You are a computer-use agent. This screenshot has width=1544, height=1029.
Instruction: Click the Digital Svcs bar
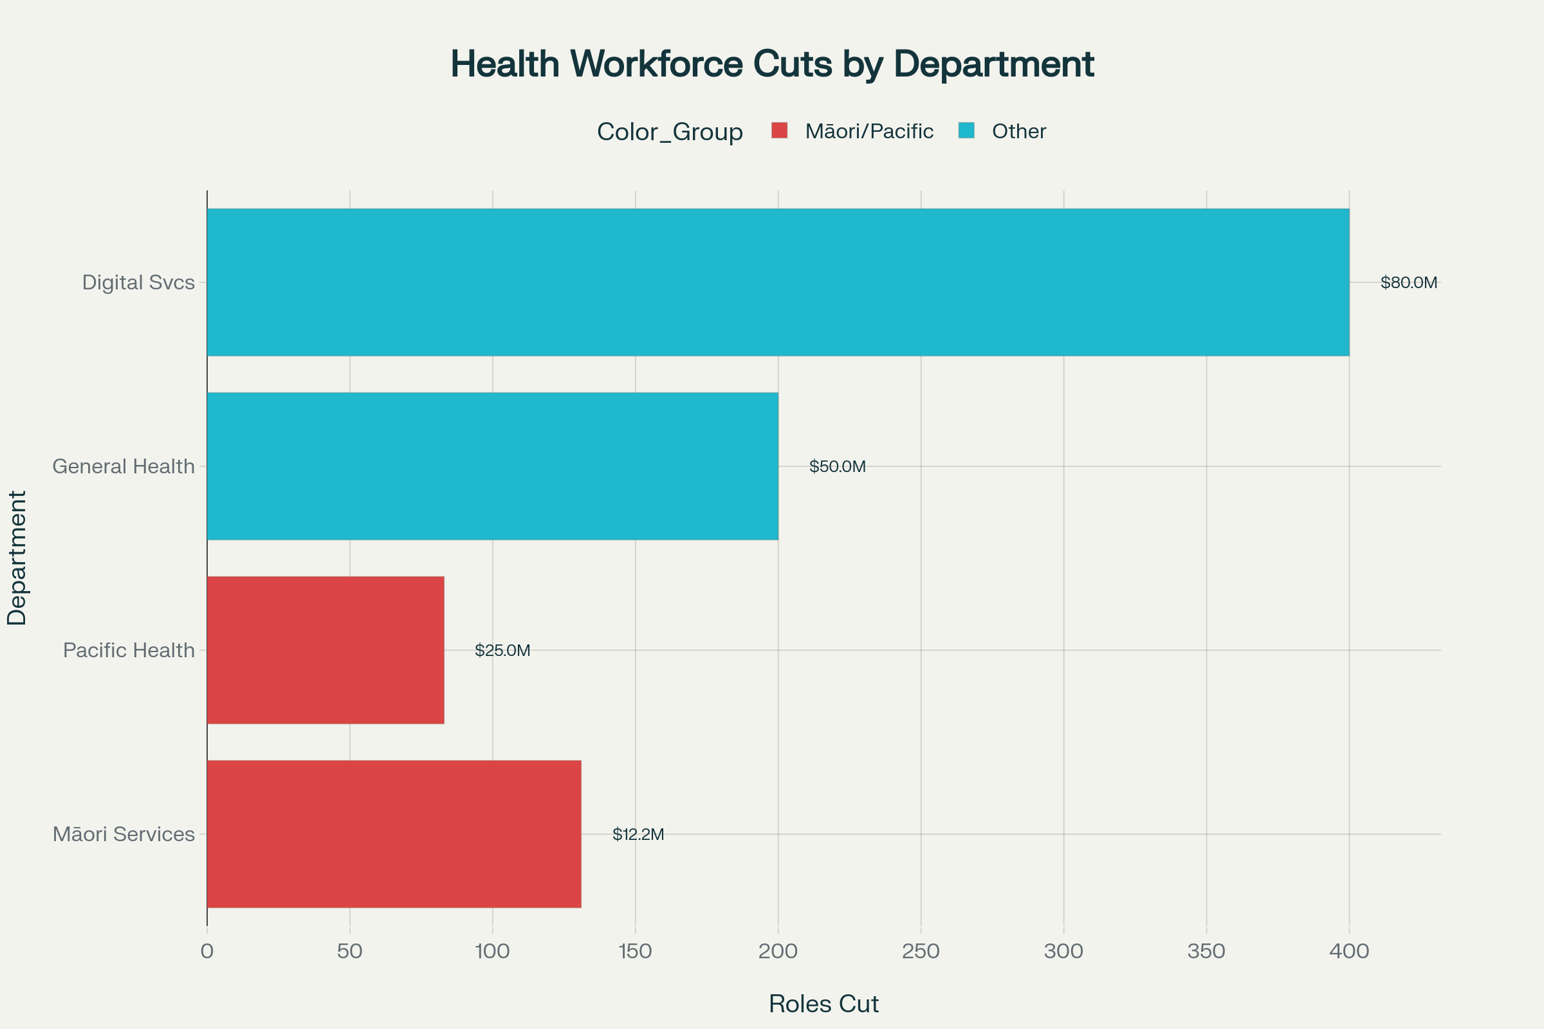pos(778,282)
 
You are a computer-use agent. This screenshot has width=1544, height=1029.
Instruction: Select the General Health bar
pos(492,466)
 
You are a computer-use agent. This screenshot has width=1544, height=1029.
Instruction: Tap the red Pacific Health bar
pos(326,650)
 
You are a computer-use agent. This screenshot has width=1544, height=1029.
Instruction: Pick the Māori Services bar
pos(394,833)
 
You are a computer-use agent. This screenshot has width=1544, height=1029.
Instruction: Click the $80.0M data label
pos(1409,282)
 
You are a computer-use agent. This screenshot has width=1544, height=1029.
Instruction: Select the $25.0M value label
pos(502,650)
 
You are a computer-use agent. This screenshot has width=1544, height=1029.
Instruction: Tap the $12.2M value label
pos(638,834)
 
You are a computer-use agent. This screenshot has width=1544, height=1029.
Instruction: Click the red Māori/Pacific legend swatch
pos(779,131)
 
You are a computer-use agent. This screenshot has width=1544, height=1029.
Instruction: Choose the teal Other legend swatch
pos(966,131)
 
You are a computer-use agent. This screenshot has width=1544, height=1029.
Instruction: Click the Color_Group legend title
pos(670,132)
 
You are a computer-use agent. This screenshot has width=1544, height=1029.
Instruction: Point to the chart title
pos(772,64)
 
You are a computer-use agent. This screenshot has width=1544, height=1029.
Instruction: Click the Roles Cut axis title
pos(823,1003)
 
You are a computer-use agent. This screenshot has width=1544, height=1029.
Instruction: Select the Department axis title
pos(17,558)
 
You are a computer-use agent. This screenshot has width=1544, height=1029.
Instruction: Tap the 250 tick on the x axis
pos(921,951)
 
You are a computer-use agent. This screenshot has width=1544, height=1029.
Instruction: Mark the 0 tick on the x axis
pos(207,951)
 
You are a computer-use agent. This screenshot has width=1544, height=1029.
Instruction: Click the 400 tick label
pos(1349,951)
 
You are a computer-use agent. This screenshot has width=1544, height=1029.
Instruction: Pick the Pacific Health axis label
pos(129,650)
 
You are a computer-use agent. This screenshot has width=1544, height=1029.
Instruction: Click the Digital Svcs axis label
pos(138,282)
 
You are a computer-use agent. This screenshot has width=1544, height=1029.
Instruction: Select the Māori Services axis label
pos(124,834)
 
